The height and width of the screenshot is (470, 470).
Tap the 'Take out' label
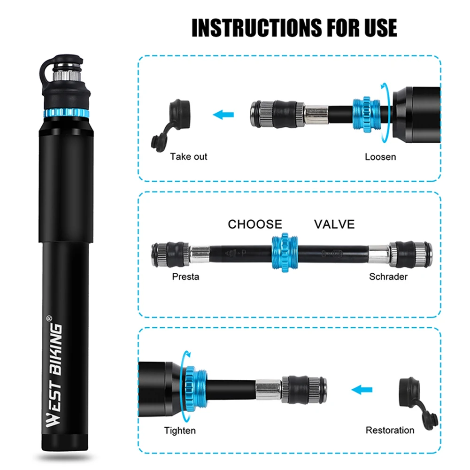click(188, 156)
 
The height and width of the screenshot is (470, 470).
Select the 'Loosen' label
click(380, 156)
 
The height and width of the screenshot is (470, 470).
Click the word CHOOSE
click(255, 224)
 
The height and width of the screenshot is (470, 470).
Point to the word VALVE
click(334, 224)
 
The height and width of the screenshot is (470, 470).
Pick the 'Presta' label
click(185, 277)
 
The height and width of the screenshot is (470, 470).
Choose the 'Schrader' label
click(388, 277)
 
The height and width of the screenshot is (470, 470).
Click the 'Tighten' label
click(180, 430)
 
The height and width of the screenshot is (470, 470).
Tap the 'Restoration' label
click(390, 430)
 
